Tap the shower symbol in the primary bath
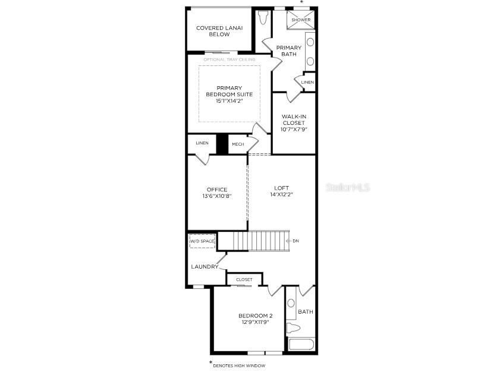coord(300,20)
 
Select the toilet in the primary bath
coord(263,18)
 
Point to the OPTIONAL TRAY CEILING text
coord(229,59)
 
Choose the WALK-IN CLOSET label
coord(293,123)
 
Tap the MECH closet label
coord(238,144)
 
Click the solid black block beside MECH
coord(222,144)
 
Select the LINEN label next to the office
coord(202,143)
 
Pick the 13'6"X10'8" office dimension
coord(216,196)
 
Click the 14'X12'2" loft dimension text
coord(281,194)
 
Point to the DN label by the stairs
coord(295,241)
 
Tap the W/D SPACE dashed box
coord(202,241)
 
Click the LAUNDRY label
coord(204,267)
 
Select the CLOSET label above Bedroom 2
coord(244,279)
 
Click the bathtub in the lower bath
coord(300,345)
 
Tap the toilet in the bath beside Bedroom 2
coord(292,327)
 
